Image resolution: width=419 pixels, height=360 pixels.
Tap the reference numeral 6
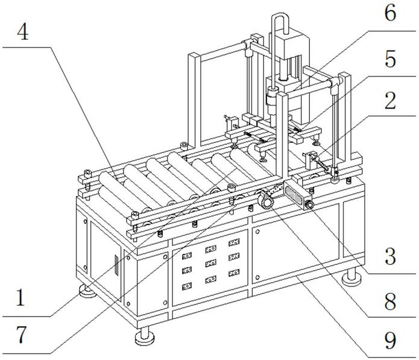(391, 13)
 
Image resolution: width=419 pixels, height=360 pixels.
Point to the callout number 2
(391, 101)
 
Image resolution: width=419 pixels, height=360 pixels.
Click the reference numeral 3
(391, 257)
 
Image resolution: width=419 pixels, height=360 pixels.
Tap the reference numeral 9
(391, 341)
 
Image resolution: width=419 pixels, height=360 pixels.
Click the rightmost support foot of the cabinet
(351, 279)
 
